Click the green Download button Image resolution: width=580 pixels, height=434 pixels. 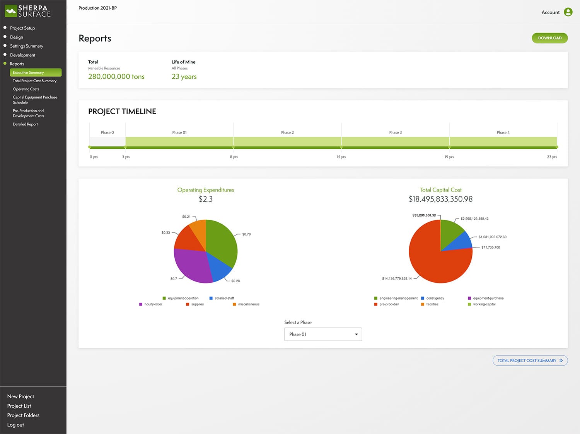(549, 38)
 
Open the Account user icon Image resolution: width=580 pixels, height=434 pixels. (568, 12)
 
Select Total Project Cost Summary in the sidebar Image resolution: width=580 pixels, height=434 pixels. (34, 81)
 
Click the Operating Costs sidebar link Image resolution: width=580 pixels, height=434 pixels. (26, 89)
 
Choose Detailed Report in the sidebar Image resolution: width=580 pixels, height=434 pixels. (25, 124)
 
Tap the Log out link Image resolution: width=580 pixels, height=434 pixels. (15, 425)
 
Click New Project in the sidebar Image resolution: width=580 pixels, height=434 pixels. (20, 397)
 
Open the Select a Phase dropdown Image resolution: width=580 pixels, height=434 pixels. (323, 334)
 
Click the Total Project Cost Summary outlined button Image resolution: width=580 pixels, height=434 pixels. (530, 361)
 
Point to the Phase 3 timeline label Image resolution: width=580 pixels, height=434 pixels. (395, 132)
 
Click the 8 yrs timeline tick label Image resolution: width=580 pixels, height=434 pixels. (234, 157)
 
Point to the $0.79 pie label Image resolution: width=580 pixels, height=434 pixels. (246, 234)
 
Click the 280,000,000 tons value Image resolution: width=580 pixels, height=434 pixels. (116, 76)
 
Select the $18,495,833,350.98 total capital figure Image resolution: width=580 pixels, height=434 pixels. (440, 199)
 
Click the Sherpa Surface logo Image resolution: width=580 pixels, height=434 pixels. (28, 11)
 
